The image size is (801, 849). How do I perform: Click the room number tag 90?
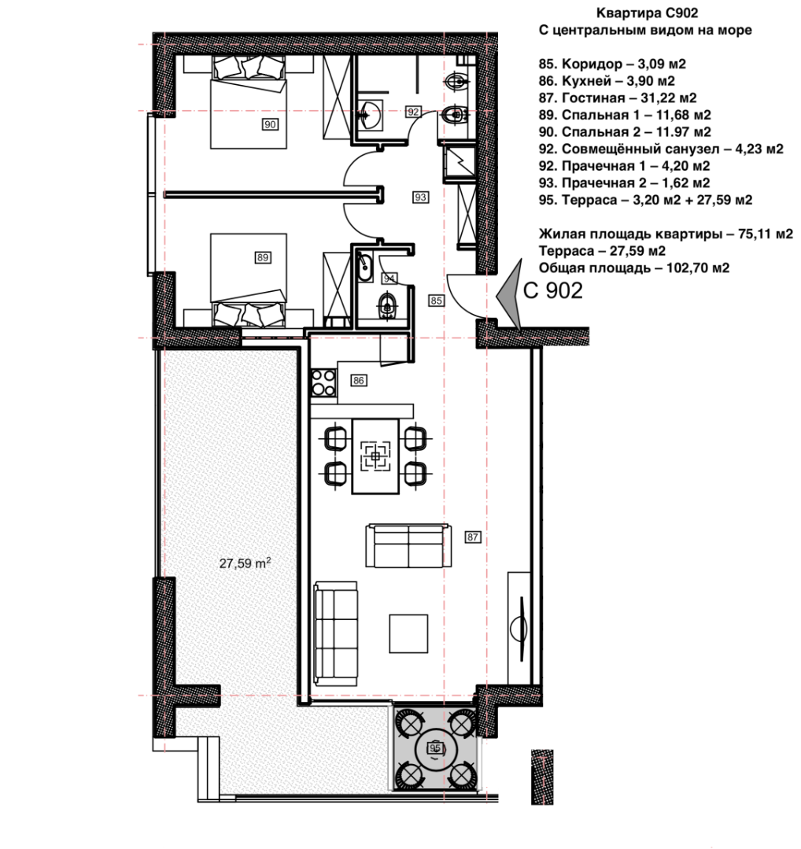pyautogui.click(x=270, y=124)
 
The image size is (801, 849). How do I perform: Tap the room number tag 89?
pyautogui.click(x=263, y=257)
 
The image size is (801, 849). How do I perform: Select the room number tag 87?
pyautogui.click(x=473, y=537)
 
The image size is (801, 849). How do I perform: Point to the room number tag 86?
pyautogui.click(x=359, y=381)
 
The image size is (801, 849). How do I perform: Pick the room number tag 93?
pyautogui.click(x=420, y=197)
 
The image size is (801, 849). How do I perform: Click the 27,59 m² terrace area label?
pyautogui.click(x=245, y=563)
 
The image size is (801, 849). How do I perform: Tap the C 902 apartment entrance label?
pyautogui.click(x=553, y=291)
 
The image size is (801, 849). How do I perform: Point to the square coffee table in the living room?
pyautogui.click(x=409, y=632)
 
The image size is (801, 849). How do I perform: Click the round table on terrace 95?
pyautogui.click(x=434, y=748)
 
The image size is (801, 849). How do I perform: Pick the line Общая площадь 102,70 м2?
pyautogui.click(x=634, y=268)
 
